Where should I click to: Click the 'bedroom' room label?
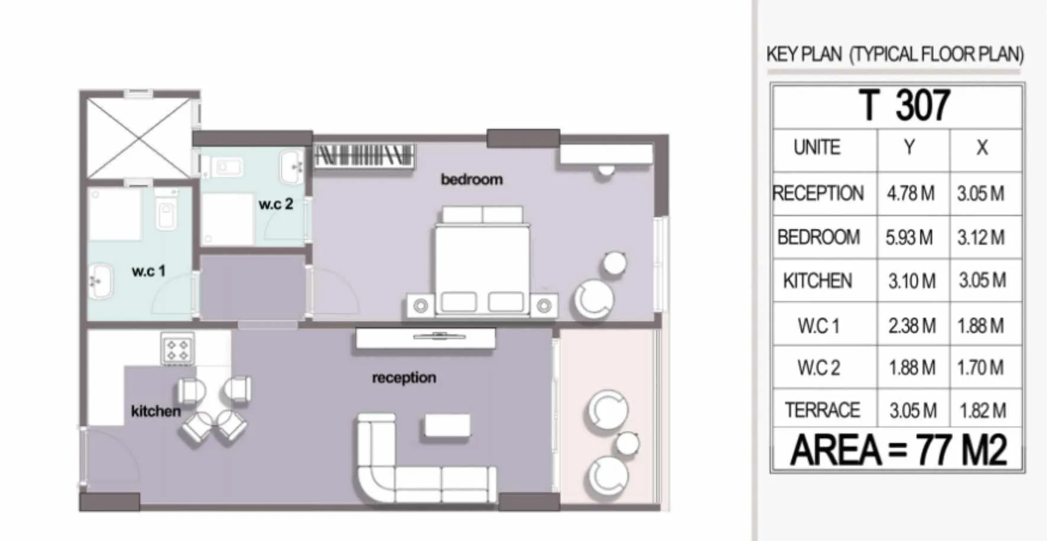[471, 179]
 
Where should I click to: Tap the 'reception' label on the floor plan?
[404, 378]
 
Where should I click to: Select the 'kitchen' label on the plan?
[156, 411]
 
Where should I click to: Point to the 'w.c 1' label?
[149, 271]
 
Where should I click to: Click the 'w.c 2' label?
[276, 204]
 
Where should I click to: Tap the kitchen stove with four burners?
[178, 349]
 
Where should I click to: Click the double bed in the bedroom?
[482, 260]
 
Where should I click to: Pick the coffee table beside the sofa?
[447, 427]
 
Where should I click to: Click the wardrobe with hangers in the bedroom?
[364, 156]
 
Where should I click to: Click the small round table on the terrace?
[627, 443]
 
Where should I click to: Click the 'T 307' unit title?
[904, 105]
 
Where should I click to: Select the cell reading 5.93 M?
[909, 237]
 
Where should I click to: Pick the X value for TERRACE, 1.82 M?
[981, 410]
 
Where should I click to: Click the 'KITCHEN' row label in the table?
[817, 281]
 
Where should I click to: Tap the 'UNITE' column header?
[817, 147]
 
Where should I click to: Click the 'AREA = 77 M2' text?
[898, 450]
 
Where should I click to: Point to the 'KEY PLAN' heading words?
[804, 54]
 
